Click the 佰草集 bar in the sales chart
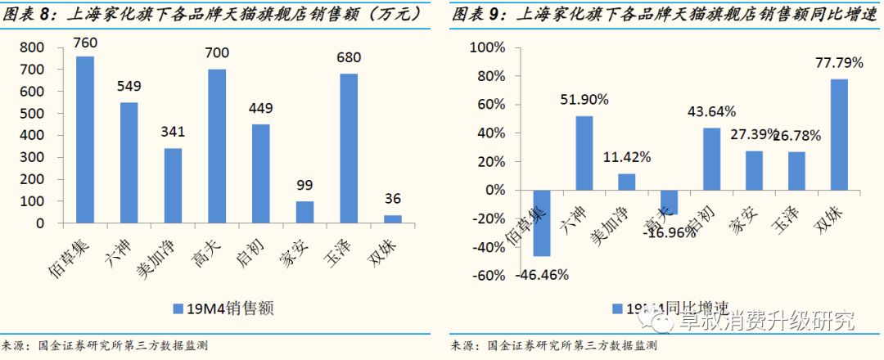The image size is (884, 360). (x=85, y=139)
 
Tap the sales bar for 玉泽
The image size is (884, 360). (x=348, y=148)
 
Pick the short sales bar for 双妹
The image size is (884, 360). (x=392, y=218)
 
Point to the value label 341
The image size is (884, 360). (x=172, y=132)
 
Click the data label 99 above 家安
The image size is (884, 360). (x=304, y=185)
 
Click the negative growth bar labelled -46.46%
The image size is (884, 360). (x=541, y=223)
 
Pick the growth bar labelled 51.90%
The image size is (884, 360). (x=584, y=153)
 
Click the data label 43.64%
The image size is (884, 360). (x=710, y=111)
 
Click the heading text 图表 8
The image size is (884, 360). (x=29, y=14)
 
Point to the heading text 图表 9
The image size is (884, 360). (x=479, y=14)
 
